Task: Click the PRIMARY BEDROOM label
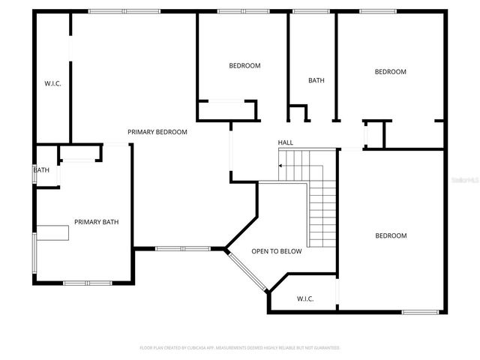click(x=157, y=132)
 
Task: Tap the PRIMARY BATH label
click(x=96, y=222)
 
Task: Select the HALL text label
click(x=286, y=142)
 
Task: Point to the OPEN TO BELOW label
click(x=277, y=251)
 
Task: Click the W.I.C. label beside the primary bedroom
click(x=52, y=83)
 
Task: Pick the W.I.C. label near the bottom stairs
click(x=305, y=298)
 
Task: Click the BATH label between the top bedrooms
click(x=316, y=81)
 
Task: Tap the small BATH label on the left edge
click(x=41, y=170)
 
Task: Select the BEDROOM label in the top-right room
click(x=391, y=72)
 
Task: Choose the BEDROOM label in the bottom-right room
click(x=391, y=235)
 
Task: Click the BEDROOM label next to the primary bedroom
click(x=244, y=66)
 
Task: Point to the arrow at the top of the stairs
click(x=282, y=166)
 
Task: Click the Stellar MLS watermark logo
click(x=465, y=180)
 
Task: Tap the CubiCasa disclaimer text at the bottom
click(x=240, y=348)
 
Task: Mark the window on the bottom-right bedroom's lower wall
click(x=420, y=311)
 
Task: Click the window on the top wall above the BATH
click(x=310, y=11)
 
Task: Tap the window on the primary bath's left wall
click(x=34, y=255)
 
